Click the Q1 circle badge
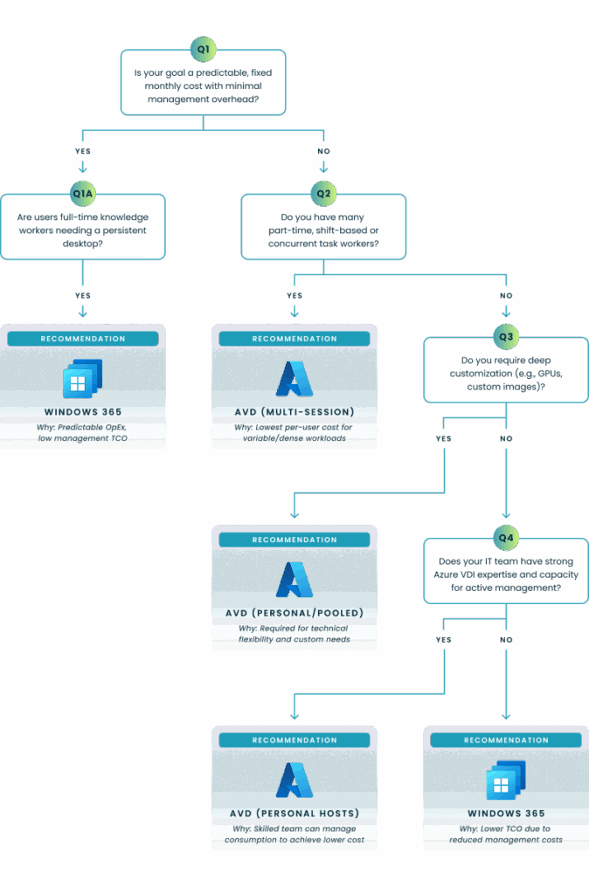[203, 49]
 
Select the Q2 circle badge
[323, 193]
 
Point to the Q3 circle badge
[506, 336]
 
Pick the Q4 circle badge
[506, 536]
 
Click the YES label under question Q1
[83, 151]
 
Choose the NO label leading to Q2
[323, 151]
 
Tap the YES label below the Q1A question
[82, 295]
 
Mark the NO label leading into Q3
[506, 296]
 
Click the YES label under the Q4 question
[444, 640]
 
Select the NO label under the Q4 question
[506, 640]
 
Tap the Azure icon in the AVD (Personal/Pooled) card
[294, 580]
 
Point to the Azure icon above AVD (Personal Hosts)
[294, 781]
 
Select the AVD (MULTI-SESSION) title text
[294, 411]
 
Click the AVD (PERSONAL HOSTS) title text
[294, 814]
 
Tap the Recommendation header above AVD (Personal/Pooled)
[294, 540]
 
